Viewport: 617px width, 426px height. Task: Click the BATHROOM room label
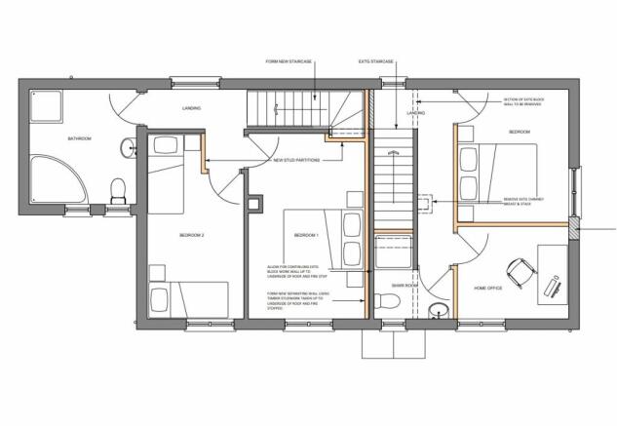[x=79, y=138]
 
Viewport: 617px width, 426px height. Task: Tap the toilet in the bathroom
[x=117, y=188]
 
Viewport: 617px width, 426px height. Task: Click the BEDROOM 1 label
[x=306, y=236]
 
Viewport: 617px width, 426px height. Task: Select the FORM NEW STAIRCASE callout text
[x=289, y=61]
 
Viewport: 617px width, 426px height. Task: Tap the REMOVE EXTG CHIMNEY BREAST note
[x=522, y=202]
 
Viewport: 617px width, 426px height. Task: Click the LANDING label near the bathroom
[x=191, y=108]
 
